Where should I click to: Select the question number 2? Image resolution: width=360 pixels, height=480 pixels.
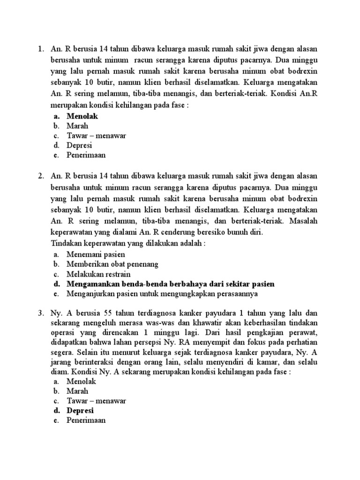click(x=41, y=176)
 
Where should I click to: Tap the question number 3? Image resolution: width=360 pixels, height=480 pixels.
click(x=41, y=313)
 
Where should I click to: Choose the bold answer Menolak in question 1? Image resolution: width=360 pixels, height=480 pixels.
click(x=82, y=115)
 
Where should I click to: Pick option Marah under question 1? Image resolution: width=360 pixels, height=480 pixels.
click(x=77, y=126)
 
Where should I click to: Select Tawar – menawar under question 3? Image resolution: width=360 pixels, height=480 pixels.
click(x=97, y=400)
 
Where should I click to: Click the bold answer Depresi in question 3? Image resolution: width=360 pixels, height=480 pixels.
click(x=80, y=411)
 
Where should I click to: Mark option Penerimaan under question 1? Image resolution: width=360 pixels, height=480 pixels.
click(x=86, y=155)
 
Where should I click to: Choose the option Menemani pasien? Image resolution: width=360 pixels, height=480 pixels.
click(x=96, y=254)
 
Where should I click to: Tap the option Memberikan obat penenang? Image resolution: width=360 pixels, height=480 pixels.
click(x=112, y=264)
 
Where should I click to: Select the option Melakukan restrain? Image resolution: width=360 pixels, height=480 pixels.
click(x=98, y=274)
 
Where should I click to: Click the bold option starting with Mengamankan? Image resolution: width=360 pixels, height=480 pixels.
click(x=171, y=284)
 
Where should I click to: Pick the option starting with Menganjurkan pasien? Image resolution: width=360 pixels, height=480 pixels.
click(x=162, y=293)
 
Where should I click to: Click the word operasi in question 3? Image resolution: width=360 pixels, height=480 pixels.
click(x=62, y=332)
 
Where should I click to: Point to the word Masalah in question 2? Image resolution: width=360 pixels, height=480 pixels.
click(x=304, y=222)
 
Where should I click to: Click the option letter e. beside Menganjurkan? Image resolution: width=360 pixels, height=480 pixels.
click(x=56, y=293)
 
